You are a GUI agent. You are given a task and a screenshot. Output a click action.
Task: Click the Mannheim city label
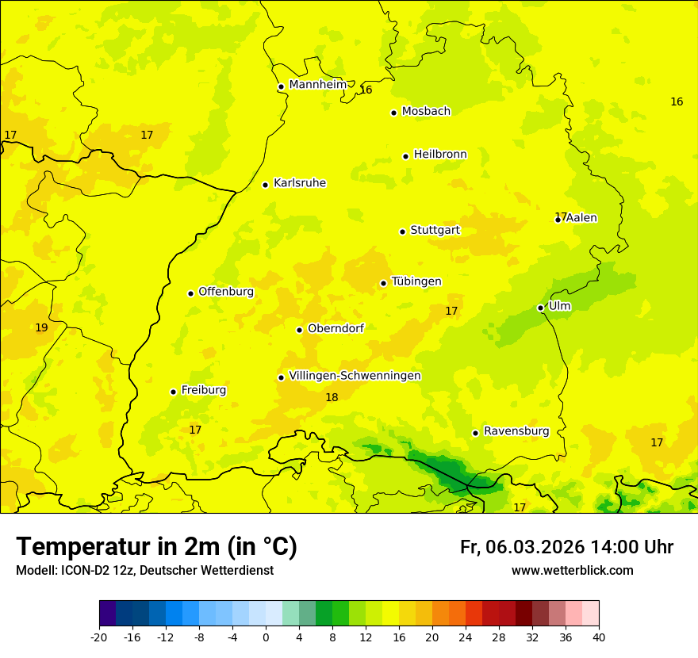[x=317, y=85]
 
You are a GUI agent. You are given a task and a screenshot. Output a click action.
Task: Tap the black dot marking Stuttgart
[x=402, y=231]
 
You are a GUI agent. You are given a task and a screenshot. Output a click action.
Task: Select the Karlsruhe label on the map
[x=299, y=183]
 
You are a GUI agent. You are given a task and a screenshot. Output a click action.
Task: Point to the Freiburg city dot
[x=173, y=392]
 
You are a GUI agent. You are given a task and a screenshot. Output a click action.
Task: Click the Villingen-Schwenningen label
[x=355, y=376]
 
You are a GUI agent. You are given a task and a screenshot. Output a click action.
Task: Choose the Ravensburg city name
[x=516, y=431]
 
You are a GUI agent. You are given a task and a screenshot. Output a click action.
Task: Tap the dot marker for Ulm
[x=540, y=308]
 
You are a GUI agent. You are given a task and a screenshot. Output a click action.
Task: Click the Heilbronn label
[x=439, y=155]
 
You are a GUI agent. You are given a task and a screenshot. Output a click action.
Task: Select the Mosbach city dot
[x=393, y=113]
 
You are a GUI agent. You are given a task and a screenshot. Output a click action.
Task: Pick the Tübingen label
[x=416, y=281]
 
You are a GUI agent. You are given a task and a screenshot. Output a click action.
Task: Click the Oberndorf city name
[x=336, y=328]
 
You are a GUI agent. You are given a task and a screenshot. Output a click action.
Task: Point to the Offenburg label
[x=225, y=292]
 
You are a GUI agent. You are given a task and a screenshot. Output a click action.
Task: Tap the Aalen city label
[x=581, y=218]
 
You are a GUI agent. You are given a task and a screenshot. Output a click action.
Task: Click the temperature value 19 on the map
[x=41, y=327]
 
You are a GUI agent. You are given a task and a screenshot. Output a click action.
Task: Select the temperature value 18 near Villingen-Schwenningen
[x=332, y=397]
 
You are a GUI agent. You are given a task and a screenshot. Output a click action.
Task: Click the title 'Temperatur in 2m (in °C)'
[x=156, y=546]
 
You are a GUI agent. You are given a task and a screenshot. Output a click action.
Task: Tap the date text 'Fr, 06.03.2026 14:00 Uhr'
[x=566, y=547]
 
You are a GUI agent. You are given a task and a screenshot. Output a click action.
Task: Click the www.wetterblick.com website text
[x=572, y=571]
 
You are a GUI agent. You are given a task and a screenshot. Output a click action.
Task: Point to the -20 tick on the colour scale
[x=99, y=637]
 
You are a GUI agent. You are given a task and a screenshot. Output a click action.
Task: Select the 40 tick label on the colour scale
[x=599, y=637]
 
